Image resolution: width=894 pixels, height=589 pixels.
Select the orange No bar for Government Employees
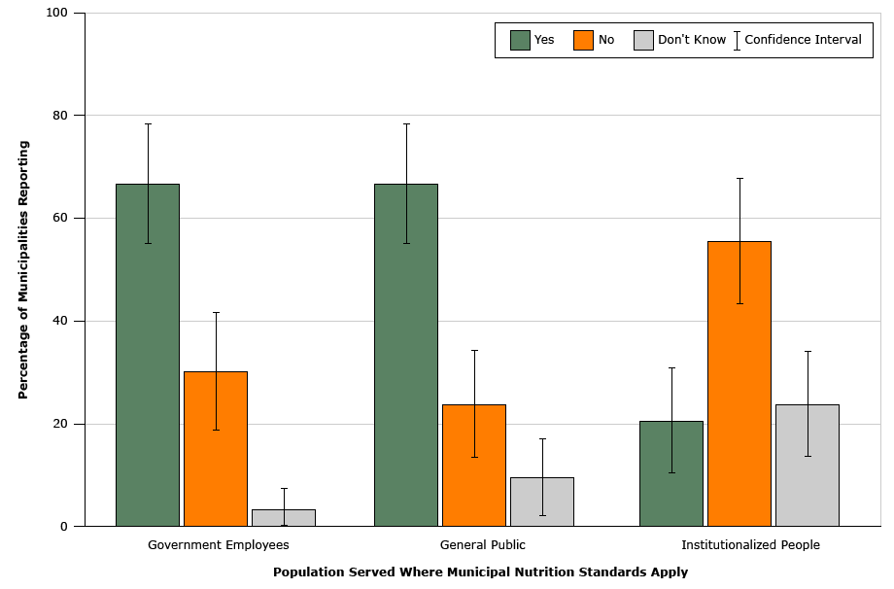point(216,448)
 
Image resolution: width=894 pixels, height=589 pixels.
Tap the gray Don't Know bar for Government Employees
point(284,518)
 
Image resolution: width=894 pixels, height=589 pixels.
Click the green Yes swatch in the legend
point(520,40)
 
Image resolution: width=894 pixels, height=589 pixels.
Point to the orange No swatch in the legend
point(583,40)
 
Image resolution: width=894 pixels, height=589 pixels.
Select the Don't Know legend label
point(692,40)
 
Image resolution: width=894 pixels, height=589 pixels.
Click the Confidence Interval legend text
point(803,40)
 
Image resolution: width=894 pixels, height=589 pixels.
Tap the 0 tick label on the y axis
point(64,527)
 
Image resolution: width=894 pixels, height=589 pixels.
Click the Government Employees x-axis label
point(218,545)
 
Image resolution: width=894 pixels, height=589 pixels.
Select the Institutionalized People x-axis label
point(750,545)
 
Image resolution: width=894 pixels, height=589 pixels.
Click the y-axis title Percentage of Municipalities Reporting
point(23,269)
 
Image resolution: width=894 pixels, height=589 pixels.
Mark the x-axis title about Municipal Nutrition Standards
point(480,572)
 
